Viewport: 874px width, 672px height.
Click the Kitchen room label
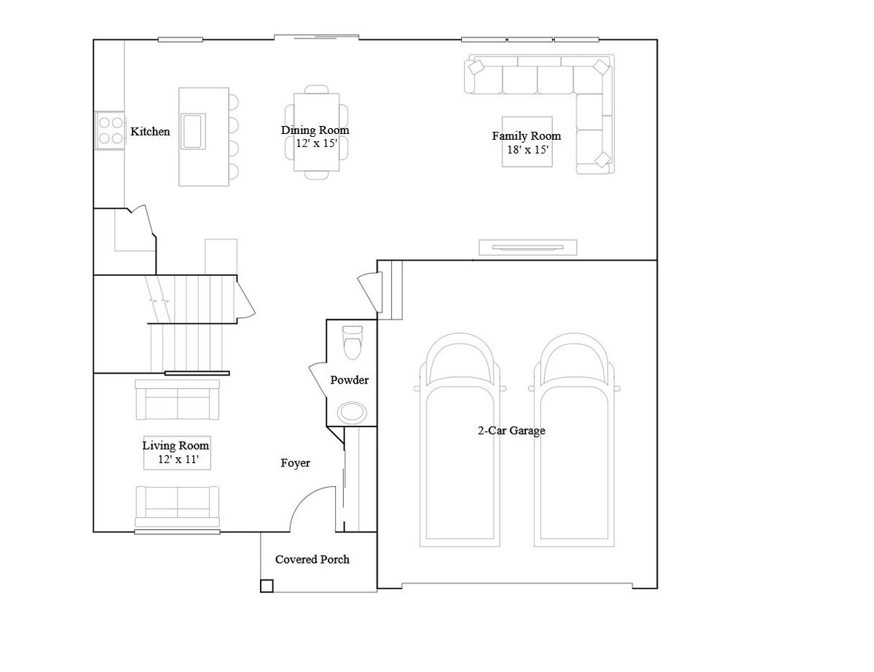tap(150, 132)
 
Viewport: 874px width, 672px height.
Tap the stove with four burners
tap(110, 130)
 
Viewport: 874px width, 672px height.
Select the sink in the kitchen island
tap(194, 131)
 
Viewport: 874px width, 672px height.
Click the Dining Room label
tap(315, 130)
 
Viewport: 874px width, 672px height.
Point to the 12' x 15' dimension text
tap(317, 143)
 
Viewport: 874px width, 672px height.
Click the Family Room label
tap(527, 136)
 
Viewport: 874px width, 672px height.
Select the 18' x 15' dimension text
tap(528, 149)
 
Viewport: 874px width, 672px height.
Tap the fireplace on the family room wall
tap(528, 248)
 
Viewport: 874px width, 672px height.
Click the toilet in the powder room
tap(353, 342)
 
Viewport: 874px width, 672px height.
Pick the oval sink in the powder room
tap(352, 412)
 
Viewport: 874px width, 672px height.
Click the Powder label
tap(349, 380)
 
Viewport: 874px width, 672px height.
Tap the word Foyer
tap(295, 463)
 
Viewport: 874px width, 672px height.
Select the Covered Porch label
tap(312, 559)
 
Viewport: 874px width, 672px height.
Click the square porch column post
tap(267, 586)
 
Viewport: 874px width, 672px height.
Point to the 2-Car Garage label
tap(511, 430)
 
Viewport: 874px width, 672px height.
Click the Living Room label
tap(176, 446)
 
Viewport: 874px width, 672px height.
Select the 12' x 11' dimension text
tap(178, 459)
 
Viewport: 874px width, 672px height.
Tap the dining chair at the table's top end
tap(317, 90)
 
